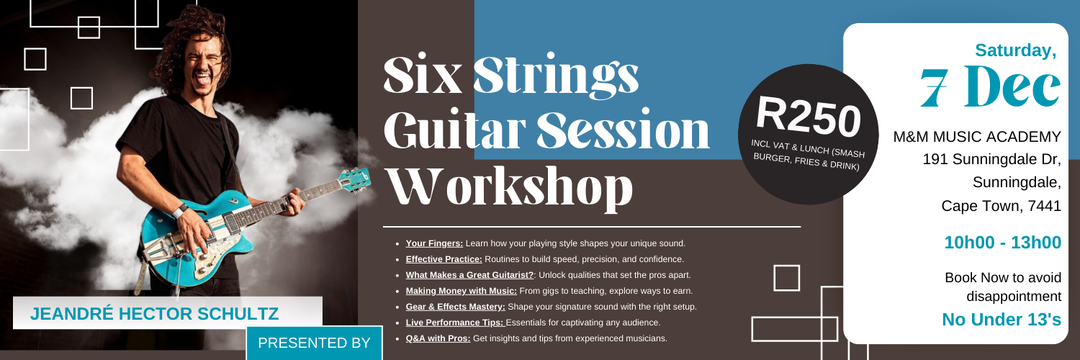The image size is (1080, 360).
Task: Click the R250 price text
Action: point(809,114)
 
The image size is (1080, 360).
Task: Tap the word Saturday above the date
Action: point(1015,50)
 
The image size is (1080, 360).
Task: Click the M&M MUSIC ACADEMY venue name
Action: point(977,137)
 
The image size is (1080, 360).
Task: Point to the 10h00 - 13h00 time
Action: point(1002,243)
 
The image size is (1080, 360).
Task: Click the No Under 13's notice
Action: point(1002,319)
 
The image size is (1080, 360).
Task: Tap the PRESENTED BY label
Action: point(313,343)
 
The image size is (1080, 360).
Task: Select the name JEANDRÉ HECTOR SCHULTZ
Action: point(154,314)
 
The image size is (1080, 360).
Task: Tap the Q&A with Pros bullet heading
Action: point(438,338)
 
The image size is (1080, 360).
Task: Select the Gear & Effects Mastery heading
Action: point(455,307)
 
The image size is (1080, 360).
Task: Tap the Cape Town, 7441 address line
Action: point(1001,206)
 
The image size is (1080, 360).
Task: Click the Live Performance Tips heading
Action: point(455,323)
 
